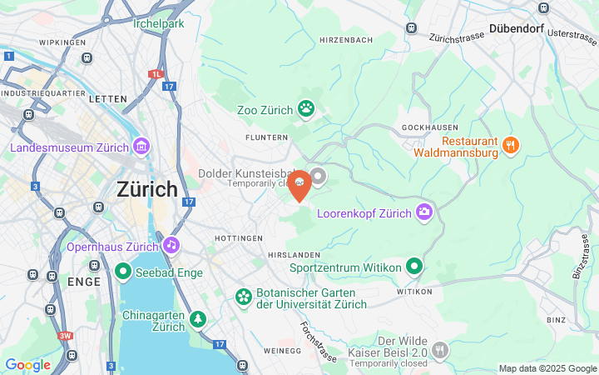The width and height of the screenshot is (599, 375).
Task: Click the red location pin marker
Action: [x=299, y=185]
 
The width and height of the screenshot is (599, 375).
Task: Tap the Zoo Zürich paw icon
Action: [x=307, y=107]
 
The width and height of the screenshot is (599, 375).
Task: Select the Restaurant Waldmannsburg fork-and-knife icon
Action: [x=511, y=146]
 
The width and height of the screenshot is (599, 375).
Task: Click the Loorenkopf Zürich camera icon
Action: [x=424, y=212]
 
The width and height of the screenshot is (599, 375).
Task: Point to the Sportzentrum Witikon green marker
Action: [x=414, y=267]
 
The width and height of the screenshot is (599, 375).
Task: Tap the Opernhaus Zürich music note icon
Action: [x=171, y=244]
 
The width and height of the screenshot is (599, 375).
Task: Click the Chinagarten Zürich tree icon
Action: [x=198, y=318]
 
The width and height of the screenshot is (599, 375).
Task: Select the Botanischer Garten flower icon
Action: [x=243, y=297]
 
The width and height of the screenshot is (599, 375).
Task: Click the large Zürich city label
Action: [x=147, y=189]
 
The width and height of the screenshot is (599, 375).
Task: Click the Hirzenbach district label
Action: [x=346, y=40]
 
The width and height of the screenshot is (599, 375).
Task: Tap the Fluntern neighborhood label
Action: [x=266, y=137]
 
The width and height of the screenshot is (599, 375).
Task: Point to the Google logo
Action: [x=27, y=365]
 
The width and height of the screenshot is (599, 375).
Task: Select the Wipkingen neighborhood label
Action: [x=62, y=42]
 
